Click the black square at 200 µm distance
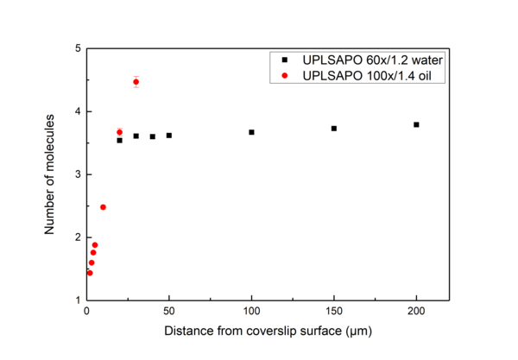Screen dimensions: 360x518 click(416, 124)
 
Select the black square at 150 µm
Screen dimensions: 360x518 click(333, 128)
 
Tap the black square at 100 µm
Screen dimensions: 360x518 click(251, 132)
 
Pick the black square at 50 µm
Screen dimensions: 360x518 click(169, 136)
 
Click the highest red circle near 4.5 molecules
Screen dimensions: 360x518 click(136, 82)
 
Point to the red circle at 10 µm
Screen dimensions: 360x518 click(103, 207)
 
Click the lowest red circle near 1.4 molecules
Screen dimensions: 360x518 click(90, 273)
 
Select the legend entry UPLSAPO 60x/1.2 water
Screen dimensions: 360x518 click(366, 60)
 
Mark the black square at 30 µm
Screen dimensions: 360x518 click(136, 136)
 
